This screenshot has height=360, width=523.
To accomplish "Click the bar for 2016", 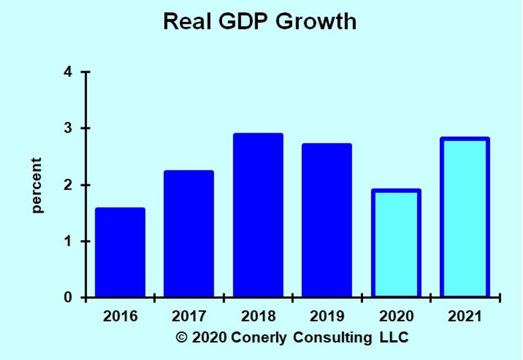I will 120,252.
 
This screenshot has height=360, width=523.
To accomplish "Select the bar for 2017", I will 188,234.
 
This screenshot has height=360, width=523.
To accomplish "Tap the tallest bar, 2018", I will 258,215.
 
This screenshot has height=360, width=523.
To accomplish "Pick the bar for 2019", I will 327,220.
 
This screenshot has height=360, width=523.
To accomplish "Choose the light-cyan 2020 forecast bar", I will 396,243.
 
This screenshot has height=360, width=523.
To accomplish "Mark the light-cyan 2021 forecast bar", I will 465,217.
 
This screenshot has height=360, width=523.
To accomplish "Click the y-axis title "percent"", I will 37,185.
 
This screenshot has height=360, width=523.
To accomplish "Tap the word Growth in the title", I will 316,22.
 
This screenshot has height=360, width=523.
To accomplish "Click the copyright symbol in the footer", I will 181,337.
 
